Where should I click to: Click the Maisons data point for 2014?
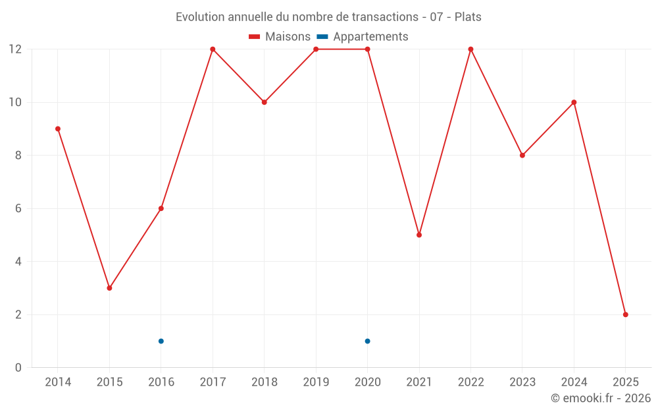[x=58, y=129]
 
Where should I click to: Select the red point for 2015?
[x=109, y=288]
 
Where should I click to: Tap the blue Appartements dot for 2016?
[x=161, y=341]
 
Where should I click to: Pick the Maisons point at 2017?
[x=213, y=49]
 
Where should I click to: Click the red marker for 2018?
[x=265, y=102]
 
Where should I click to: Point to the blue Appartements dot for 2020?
[x=367, y=341]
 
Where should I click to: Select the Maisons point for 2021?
[x=419, y=235]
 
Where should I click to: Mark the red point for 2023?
[x=522, y=156]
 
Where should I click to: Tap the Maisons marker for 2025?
[x=626, y=314]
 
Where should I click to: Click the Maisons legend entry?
[x=280, y=37]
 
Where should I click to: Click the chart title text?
[x=328, y=16]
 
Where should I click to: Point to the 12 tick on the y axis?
[x=15, y=49]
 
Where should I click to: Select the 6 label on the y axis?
[x=18, y=208]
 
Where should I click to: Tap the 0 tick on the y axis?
[x=18, y=367]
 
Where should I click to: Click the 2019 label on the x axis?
[x=316, y=382]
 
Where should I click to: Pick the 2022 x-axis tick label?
[x=470, y=382]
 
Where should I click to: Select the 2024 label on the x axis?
[x=574, y=382]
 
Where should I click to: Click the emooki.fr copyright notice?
[x=600, y=398]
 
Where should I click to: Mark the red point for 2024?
[x=574, y=102]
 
